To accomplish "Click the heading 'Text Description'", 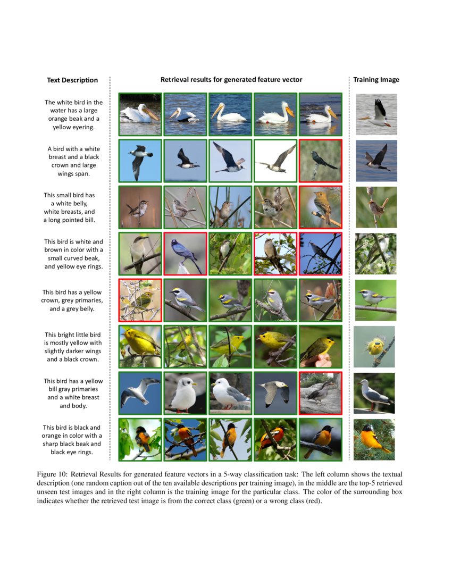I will [72, 80].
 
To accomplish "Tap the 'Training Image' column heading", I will [376, 80].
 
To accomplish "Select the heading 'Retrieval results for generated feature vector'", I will [231, 80].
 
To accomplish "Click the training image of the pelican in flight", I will [376, 114].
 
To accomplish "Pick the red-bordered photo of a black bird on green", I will [320, 160].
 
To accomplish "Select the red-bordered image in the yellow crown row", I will [140, 300].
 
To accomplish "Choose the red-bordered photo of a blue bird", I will [185, 254].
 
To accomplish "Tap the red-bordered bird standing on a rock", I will [320, 393].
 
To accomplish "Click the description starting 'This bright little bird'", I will [73, 347].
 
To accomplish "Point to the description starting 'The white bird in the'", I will [73, 114].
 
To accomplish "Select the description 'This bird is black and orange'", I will [72, 440].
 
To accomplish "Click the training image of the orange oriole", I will [374, 439].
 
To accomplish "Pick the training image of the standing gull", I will [374, 393].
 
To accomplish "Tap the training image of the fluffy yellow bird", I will [374, 347].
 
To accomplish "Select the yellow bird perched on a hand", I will [320, 347].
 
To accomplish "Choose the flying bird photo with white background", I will [275, 160].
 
